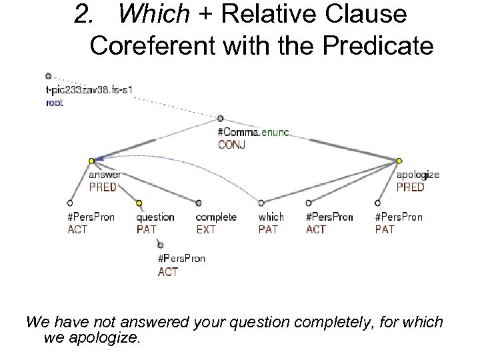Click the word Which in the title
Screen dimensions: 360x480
[x=143, y=15]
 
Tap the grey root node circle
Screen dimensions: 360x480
[x=48, y=76]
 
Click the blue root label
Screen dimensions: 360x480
[x=55, y=103]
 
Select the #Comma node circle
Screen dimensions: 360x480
[x=221, y=118]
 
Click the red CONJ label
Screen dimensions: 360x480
[x=231, y=145]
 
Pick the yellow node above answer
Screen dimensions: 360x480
[x=91, y=161]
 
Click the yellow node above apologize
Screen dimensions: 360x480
[x=399, y=161]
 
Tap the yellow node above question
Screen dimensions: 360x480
[x=139, y=203]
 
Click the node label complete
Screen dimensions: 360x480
[x=216, y=217]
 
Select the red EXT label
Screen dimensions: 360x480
[x=206, y=229]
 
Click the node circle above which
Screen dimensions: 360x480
[x=261, y=203]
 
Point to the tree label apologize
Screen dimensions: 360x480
[x=418, y=175]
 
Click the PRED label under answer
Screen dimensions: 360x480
[x=103, y=187]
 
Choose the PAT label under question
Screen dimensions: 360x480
[x=146, y=229]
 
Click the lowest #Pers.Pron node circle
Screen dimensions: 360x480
[x=161, y=245]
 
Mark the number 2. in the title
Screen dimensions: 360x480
[x=84, y=15]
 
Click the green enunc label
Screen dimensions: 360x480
[x=275, y=132]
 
